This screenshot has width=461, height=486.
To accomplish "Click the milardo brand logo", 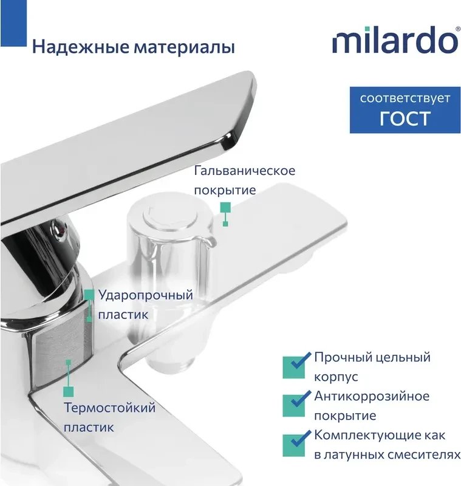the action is (395, 39).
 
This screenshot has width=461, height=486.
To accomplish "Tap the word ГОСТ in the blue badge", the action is (405, 118).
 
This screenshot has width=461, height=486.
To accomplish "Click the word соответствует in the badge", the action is (405, 98).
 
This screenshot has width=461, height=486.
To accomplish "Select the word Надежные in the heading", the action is (81, 47).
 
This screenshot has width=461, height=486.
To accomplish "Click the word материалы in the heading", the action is (184, 48).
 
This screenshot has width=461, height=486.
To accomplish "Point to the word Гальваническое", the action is (245, 171).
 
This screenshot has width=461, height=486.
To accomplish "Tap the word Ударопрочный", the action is (146, 295).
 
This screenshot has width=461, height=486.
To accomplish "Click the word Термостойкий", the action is (110, 408).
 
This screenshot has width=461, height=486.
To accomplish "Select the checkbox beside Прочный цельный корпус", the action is (294, 368).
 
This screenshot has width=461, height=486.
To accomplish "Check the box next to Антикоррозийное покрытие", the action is (294, 405).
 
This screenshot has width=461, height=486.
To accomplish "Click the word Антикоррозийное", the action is (372, 396).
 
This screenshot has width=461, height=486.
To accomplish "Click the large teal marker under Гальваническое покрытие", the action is (225, 207).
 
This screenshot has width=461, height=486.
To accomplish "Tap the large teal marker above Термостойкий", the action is (69, 392).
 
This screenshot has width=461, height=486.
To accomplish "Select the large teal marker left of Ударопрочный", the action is (89, 295).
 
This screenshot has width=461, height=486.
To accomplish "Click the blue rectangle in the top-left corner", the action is (13, 23).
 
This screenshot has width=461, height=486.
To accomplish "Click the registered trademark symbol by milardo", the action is (458, 29).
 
